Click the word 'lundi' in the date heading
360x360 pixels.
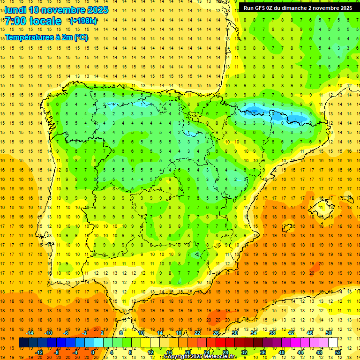[x=15, y=10]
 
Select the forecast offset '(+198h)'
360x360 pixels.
[x=83, y=21]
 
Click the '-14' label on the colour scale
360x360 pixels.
[x=30, y=333]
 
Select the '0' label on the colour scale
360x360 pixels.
[x=93, y=352]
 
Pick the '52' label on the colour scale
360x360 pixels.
[x=338, y=352]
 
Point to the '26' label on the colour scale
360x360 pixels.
[x=216, y=333]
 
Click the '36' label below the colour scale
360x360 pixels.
[x=263, y=352]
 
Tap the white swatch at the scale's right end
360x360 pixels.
[x=333, y=343]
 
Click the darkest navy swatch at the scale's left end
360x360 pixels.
[x=23, y=343]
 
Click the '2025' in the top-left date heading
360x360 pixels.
[x=97, y=10]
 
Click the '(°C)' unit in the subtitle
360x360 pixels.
[x=80, y=37]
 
